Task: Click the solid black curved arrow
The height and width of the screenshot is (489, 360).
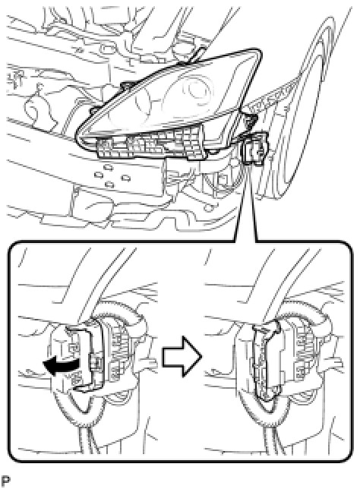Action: (x=60, y=364)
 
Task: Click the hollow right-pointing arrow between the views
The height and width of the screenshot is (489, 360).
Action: (x=182, y=356)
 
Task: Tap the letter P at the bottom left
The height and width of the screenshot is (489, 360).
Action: (x=6, y=482)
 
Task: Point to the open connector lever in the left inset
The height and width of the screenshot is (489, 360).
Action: (x=82, y=355)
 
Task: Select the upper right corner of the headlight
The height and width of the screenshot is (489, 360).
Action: (x=260, y=52)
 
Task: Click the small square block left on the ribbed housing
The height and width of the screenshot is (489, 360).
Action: (x=104, y=144)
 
